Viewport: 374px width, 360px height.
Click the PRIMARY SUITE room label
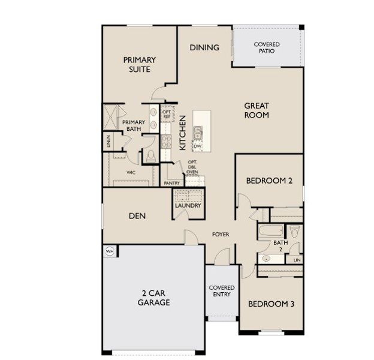139,64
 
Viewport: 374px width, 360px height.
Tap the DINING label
204,47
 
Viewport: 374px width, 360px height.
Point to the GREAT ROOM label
256,110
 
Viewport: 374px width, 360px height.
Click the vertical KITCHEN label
183,128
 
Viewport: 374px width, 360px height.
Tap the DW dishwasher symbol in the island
197,146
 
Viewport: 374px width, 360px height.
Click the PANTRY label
173,183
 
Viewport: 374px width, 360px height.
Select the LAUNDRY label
187,205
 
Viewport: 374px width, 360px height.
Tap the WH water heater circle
110,251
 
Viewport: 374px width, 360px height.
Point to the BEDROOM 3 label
271,304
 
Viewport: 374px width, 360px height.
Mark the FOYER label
220,234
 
